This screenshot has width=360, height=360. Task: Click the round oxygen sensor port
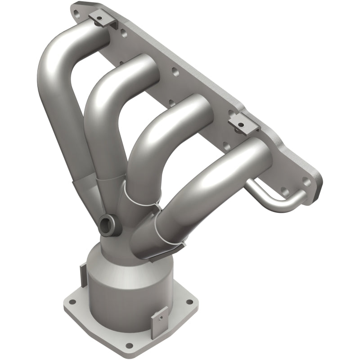pos(107,223)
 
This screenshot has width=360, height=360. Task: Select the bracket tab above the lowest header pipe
pos(243,122)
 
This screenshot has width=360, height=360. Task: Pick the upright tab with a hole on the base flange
pos(159,318)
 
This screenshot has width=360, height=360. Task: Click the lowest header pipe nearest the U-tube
pos(216,180)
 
